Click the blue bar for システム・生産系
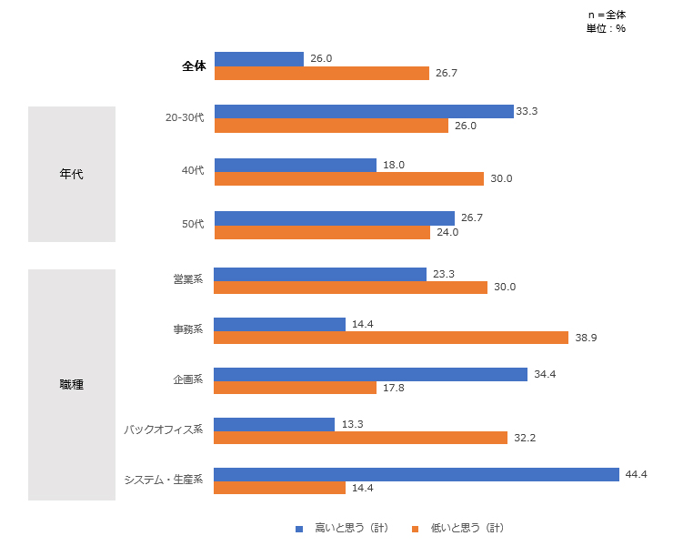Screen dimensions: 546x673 (x=417, y=474)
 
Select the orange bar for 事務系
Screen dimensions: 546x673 (x=391, y=338)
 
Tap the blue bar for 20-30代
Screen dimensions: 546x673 (x=364, y=111)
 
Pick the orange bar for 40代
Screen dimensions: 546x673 (x=348, y=179)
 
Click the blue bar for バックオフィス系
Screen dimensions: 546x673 (x=274, y=424)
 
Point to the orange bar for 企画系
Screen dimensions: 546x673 (x=295, y=388)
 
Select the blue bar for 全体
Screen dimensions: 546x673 (x=258, y=59)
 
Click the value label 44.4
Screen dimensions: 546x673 (x=635, y=474)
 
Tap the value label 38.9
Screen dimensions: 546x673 (x=585, y=338)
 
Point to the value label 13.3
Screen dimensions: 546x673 (x=351, y=424)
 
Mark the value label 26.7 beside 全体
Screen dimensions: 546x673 (x=446, y=73)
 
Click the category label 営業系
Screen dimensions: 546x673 (x=188, y=279)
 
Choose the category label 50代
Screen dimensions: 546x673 (x=193, y=224)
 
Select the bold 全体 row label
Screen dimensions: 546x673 (x=194, y=66)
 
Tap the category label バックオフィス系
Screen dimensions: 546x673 (x=164, y=430)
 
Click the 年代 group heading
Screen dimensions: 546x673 (x=71, y=174)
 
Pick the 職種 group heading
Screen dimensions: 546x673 (x=71, y=385)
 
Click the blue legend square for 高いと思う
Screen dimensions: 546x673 (x=298, y=529)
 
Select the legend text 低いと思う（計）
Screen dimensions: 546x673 (x=467, y=529)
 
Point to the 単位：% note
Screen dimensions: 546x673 (x=606, y=28)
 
